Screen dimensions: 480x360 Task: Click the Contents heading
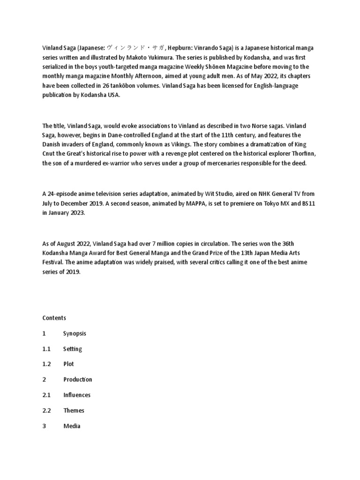tap(54, 318)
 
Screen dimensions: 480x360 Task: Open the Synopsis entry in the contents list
tap(75, 333)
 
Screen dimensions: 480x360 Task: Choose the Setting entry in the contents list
tap(73, 349)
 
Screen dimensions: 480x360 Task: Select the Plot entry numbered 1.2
tap(69, 364)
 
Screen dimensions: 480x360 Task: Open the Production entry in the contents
tap(78, 380)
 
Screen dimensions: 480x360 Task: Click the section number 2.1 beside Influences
tap(46, 395)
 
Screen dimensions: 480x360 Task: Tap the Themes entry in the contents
tap(74, 411)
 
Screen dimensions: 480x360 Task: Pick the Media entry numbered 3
tap(72, 426)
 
